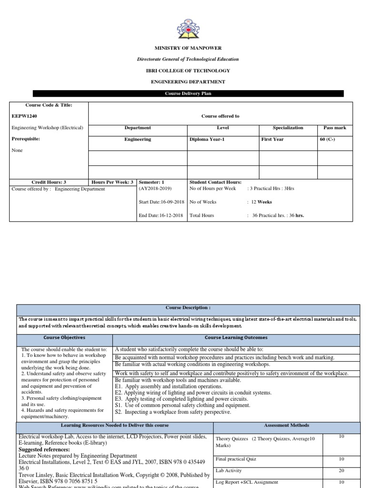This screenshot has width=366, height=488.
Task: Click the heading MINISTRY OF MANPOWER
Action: [x=187, y=48]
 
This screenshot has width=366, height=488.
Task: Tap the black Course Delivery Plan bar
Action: [x=187, y=93]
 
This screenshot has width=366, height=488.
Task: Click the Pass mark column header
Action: [x=335, y=128]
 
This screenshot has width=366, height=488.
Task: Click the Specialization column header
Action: [x=288, y=128]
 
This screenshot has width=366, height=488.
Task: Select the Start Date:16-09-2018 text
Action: [x=161, y=202]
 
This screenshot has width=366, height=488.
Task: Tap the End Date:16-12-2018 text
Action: [x=161, y=215]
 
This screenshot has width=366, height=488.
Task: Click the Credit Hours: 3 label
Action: [x=49, y=182]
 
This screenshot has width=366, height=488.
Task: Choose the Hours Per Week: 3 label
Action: [x=112, y=182]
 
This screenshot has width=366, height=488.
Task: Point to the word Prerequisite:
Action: [x=25, y=139]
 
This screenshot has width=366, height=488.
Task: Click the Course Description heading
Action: [x=188, y=308]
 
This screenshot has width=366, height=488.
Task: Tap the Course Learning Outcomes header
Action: [x=236, y=337]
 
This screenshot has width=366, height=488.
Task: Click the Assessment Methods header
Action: [x=286, y=425]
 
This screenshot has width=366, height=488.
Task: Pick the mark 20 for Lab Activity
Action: [x=341, y=470]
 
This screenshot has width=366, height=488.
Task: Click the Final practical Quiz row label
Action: [x=236, y=459]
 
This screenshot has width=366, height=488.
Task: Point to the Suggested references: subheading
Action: [x=44, y=449]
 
